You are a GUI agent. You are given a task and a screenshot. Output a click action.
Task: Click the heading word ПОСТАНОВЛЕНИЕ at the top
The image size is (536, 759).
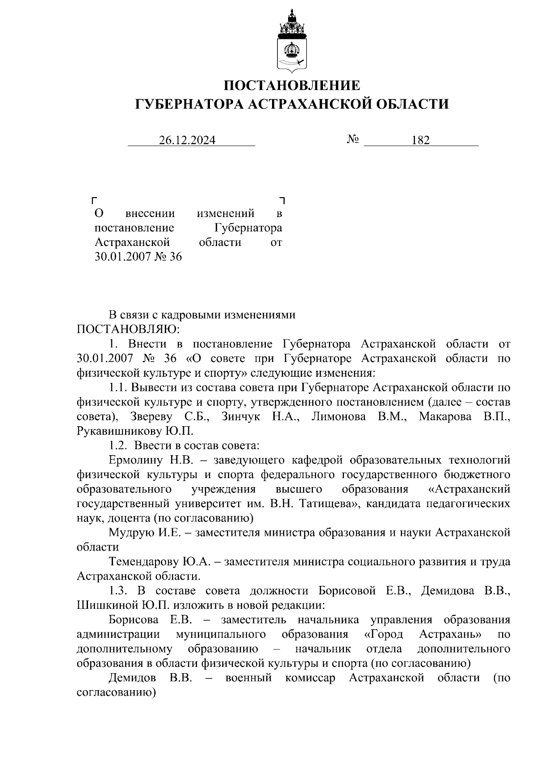[x=291, y=85]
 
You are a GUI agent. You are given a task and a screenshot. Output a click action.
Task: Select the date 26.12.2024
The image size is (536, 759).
[x=187, y=140]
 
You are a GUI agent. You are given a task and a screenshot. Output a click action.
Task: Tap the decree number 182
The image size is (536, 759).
[x=420, y=140]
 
